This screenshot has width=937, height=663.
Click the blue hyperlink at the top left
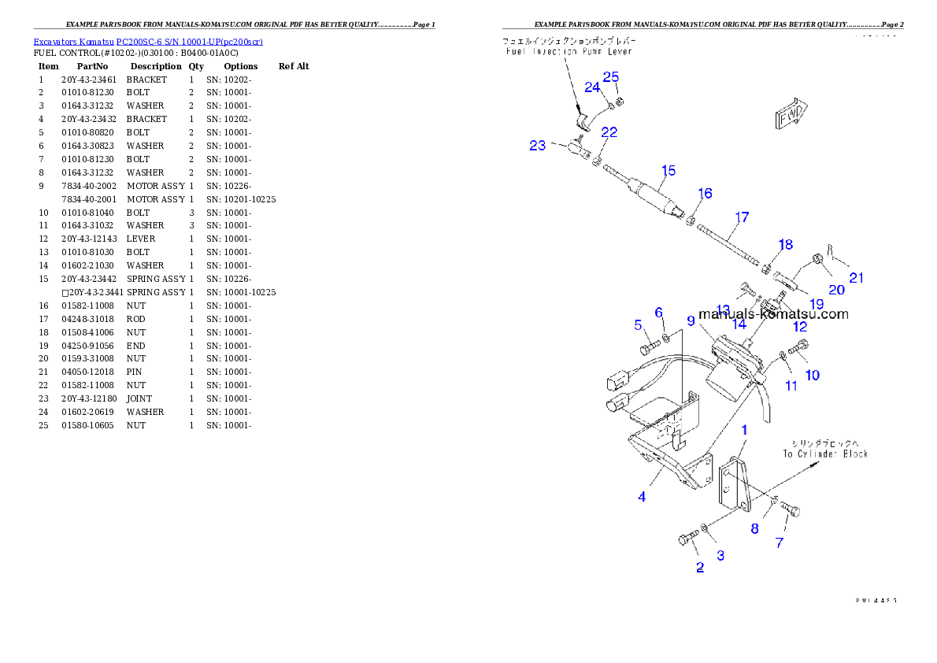click(147, 41)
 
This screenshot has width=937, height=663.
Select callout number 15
click(668, 171)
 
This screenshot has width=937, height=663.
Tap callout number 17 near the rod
click(742, 217)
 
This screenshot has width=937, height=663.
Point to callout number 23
click(538, 146)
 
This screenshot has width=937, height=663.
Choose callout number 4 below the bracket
click(643, 497)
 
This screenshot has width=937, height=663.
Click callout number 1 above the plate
click(744, 430)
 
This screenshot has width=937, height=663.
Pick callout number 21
click(856, 277)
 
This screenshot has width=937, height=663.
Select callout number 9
click(691, 320)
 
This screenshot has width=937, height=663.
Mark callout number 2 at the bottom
click(700, 568)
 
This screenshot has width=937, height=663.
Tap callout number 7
click(780, 543)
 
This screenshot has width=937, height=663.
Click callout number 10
click(812, 375)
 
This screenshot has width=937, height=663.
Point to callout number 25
click(611, 77)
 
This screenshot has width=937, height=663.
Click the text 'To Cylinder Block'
click(825, 454)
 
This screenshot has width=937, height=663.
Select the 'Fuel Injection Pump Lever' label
click(569, 51)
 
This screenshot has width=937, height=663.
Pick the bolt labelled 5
click(648, 348)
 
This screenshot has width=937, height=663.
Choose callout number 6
click(659, 313)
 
